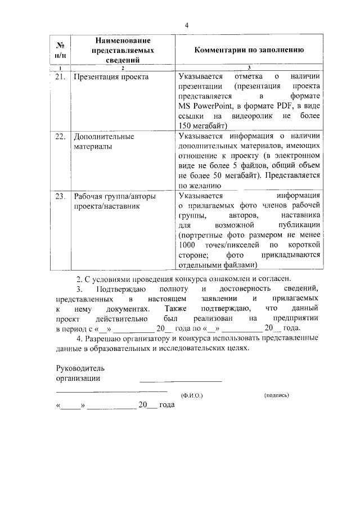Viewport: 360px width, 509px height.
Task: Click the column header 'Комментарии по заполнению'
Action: tap(249, 50)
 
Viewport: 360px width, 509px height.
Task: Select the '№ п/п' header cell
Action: tap(59, 50)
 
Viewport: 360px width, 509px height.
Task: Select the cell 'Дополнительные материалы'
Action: tap(103, 141)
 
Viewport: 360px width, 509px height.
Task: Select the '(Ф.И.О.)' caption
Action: tap(192, 395)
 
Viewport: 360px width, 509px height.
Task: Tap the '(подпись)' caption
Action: tap(276, 395)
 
